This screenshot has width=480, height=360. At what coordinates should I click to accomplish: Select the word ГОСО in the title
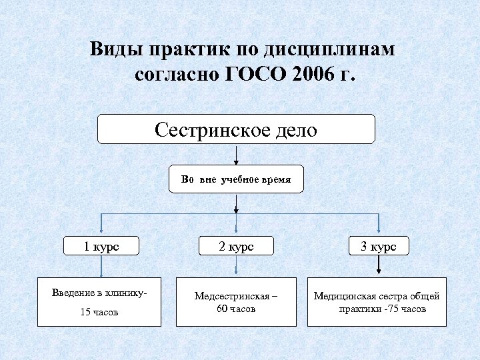click(254, 73)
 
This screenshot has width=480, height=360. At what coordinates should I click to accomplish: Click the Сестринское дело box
click(236, 129)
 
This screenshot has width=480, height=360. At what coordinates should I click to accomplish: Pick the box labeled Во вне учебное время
click(236, 179)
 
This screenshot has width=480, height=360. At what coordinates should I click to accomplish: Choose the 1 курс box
click(101, 246)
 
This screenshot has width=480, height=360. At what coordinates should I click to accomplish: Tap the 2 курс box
click(236, 246)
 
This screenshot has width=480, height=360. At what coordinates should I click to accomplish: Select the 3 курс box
click(378, 246)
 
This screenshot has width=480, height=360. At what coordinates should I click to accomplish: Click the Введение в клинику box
click(99, 301)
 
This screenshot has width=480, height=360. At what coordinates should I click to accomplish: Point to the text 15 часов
click(99, 312)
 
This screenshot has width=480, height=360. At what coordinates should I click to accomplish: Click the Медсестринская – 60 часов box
click(237, 302)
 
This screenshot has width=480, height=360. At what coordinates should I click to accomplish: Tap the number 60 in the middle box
click(223, 309)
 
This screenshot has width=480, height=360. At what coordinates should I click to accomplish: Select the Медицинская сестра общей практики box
click(377, 302)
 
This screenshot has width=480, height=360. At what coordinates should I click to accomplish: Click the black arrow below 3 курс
click(379, 267)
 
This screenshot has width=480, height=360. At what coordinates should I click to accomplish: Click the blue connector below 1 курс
click(101, 267)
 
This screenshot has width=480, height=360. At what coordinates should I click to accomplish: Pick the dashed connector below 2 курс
click(237, 267)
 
